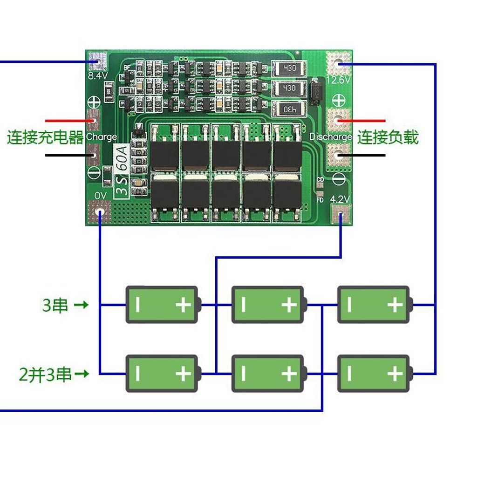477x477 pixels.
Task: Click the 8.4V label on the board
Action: [x=98, y=75]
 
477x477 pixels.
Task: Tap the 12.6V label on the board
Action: [x=338, y=80]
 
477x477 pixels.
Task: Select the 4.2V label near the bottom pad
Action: [x=340, y=199]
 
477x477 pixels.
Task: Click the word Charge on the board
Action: [x=102, y=137]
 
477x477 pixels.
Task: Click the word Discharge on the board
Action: [x=331, y=137]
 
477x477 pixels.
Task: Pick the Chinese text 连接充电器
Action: [x=45, y=137]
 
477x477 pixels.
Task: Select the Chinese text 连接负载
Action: [x=388, y=137]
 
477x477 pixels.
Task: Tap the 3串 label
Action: [x=55, y=306]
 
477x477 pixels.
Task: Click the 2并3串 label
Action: [x=46, y=375]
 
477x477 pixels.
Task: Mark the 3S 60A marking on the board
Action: [x=121, y=171]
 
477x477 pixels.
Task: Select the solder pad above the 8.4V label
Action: [x=98, y=61]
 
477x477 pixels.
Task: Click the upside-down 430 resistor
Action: [x=289, y=109]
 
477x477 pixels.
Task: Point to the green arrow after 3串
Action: [x=82, y=306]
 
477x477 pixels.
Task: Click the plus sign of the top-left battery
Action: [x=183, y=305]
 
